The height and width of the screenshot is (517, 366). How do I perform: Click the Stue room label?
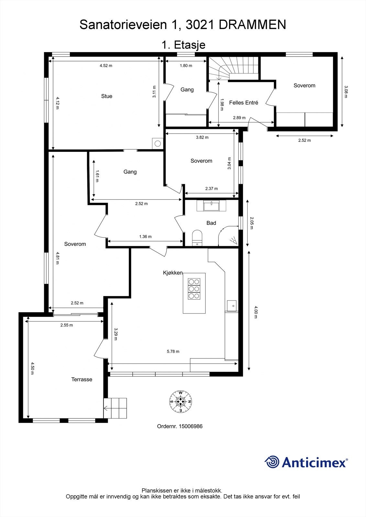106,96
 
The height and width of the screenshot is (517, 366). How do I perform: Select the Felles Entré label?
243,103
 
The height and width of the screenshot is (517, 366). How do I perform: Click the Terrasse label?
82,379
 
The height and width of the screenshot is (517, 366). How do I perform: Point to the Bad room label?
211,223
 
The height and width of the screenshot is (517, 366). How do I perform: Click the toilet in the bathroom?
197,236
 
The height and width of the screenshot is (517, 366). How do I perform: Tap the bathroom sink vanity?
211,206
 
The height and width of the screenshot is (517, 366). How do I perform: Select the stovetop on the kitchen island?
194,289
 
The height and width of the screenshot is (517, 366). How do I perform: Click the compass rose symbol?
181,402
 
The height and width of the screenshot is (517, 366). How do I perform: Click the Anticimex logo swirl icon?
272,461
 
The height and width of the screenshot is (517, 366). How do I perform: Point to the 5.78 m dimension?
173,352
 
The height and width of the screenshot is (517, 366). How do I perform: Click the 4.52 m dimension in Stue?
106,66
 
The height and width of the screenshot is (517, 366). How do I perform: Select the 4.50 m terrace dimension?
32,368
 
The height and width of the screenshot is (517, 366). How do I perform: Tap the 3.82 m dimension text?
202,137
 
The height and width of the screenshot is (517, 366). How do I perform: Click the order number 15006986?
191,426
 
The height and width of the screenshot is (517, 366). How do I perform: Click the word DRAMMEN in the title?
252,25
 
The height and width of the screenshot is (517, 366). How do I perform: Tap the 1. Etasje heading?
183,45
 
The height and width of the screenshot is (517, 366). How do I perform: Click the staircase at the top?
233,68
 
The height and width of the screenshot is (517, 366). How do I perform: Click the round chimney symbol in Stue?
158,143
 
